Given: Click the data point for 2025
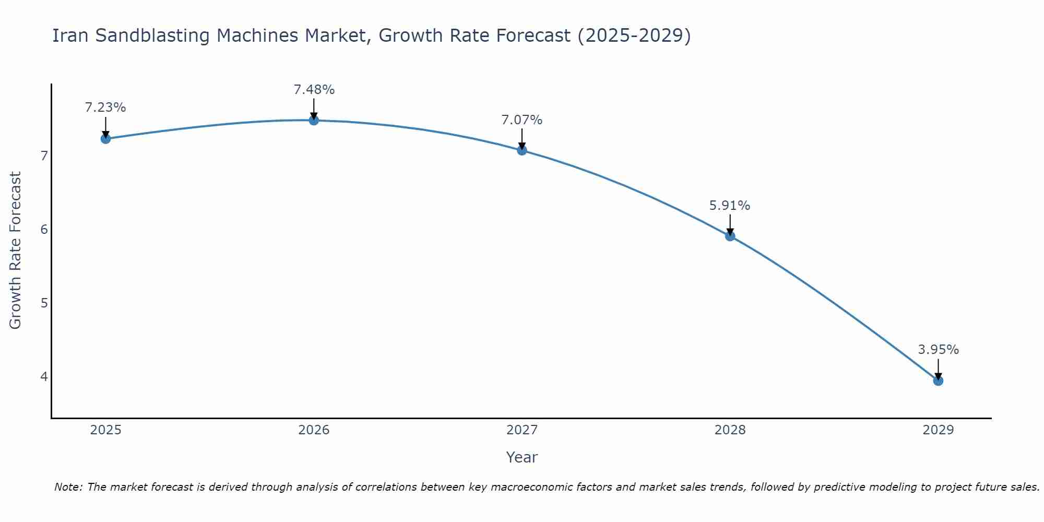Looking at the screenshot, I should point(105,138).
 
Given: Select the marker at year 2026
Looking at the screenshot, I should point(314,120).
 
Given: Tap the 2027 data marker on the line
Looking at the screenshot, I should point(522,150).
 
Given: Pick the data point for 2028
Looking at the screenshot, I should point(730,236).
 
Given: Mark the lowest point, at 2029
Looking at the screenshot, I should point(938,381).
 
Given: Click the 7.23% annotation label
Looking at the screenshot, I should point(105,108).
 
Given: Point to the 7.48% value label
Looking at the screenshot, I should point(314,90).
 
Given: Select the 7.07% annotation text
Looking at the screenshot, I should point(522,120).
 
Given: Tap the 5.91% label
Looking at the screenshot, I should point(730,206).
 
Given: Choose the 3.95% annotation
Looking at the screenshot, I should point(938,350).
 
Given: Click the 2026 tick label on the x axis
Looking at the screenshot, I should point(314,430).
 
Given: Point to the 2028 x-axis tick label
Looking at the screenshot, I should point(730,430).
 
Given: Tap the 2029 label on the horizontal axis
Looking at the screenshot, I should point(938,430).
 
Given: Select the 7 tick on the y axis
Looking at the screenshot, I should point(44,156).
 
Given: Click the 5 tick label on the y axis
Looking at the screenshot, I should point(44,303).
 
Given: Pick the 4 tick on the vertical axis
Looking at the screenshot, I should point(44,376).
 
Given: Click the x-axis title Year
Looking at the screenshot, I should point(521,457).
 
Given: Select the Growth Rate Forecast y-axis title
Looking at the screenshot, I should point(16,251).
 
